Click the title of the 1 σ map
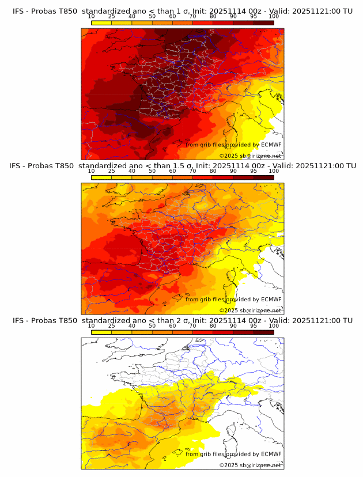(x=183, y=12)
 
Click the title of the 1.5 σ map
(x=183, y=166)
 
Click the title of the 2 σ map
(x=183, y=320)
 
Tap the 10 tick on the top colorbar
(x=92, y=17)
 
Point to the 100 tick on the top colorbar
(x=274, y=17)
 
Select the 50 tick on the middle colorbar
(x=152, y=171)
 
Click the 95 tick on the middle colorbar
(x=254, y=171)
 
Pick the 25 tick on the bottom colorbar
(x=112, y=325)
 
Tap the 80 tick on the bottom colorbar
(x=213, y=325)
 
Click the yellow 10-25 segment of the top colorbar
(x=101, y=22)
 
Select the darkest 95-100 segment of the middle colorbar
(x=264, y=177)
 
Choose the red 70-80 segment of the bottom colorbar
(x=203, y=331)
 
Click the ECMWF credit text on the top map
(x=233, y=145)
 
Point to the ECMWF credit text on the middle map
(x=233, y=299)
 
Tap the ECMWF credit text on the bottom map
(x=233, y=454)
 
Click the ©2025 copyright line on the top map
(x=250, y=156)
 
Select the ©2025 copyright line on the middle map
(x=250, y=311)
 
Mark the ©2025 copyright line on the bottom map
(x=250, y=465)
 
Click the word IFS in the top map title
(x=18, y=12)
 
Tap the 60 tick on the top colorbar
(x=172, y=17)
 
